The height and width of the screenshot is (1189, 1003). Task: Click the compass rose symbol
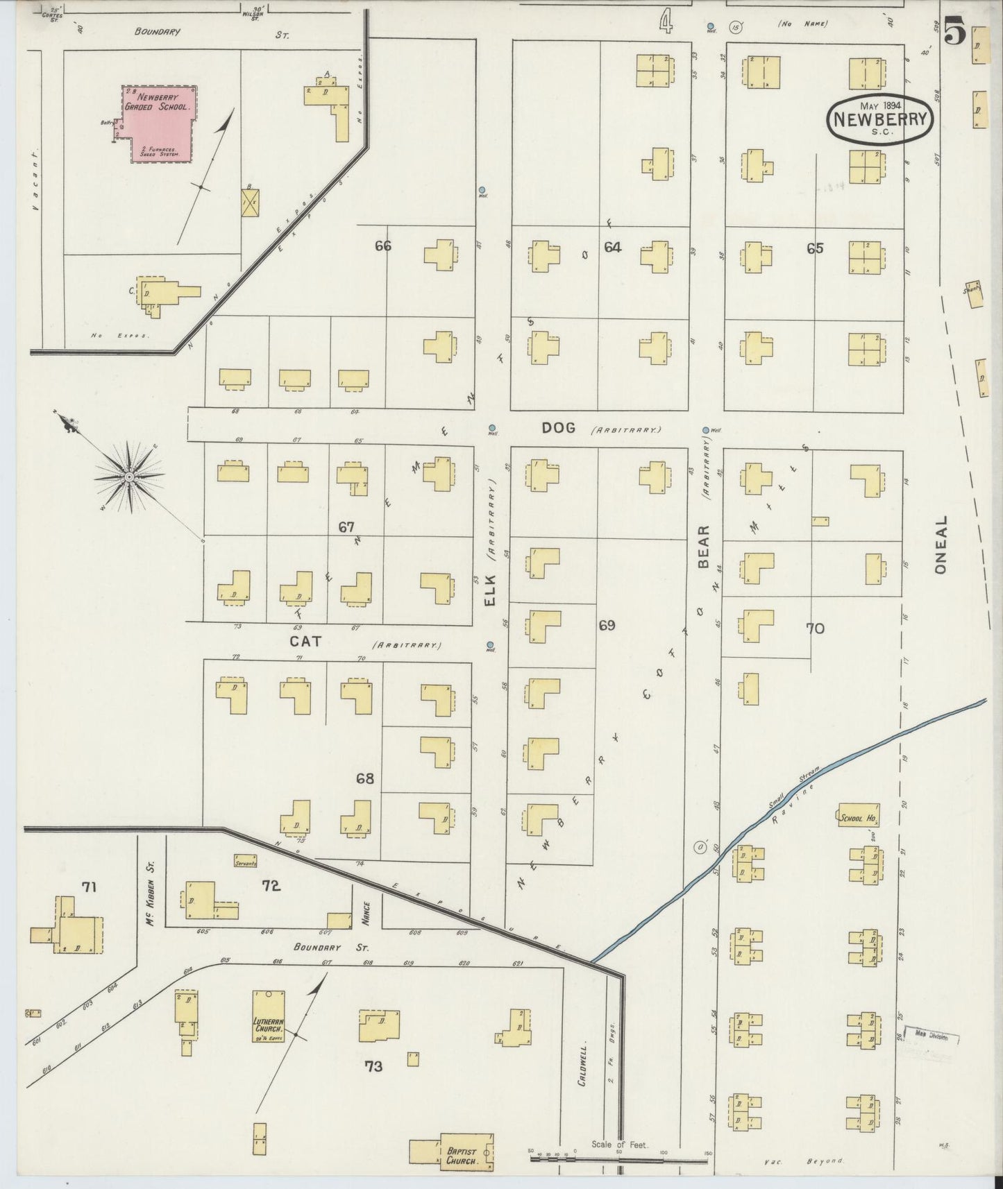[x=130, y=477]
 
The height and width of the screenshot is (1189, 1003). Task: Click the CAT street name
[x=305, y=642]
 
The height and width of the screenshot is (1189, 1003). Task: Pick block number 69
[x=607, y=626]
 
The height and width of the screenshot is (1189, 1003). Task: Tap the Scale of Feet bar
[x=618, y=1158]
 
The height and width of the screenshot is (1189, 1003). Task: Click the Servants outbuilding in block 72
[x=246, y=862]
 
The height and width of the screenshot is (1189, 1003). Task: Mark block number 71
[x=89, y=887]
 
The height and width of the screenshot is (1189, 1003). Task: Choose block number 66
[x=383, y=246]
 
